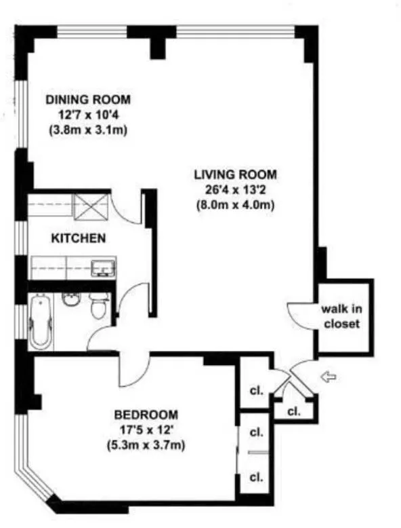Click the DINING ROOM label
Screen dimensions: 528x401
tap(87, 100)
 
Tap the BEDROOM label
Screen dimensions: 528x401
tap(146, 414)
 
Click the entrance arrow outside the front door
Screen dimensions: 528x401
tap(328, 375)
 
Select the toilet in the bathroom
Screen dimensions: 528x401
tap(100, 307)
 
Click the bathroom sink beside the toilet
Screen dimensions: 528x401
tap(70, 299)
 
